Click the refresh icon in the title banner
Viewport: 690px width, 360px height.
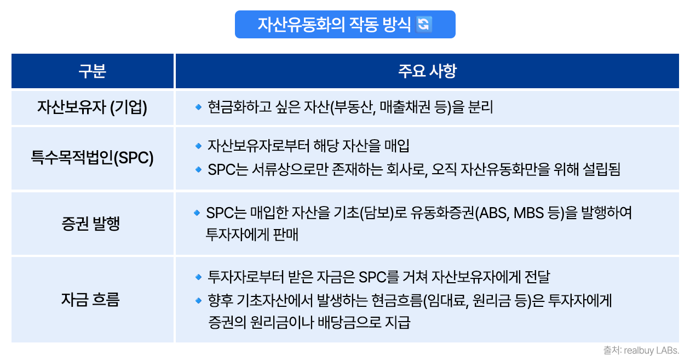[423, 24]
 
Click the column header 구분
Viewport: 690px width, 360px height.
[92, 71]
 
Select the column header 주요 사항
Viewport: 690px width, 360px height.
[427, 71]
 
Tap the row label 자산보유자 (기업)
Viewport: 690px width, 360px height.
[92, 107]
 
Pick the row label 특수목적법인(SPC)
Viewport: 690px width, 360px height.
[92, 158]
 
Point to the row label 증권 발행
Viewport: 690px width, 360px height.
[90, 224]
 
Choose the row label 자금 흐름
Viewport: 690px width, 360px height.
[90, 300]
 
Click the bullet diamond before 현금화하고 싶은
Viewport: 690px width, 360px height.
[198, 107]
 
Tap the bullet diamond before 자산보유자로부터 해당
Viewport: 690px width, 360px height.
[198, 146]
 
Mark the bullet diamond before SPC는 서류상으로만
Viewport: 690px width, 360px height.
[198, 169]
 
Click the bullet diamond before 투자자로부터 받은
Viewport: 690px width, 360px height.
[198, 277]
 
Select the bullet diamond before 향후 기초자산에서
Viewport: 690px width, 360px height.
[198, 300]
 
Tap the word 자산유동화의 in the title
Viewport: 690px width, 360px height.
[301, 25]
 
